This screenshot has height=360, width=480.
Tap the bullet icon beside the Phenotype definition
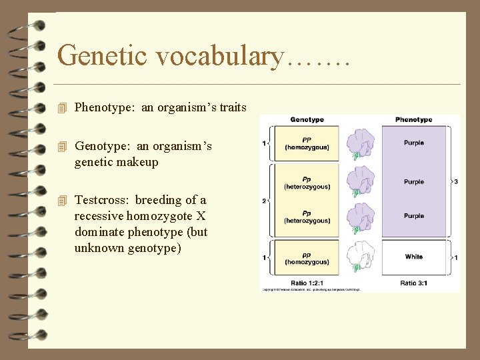pos(63,107)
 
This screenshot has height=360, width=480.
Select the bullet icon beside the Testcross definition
pos(63,200)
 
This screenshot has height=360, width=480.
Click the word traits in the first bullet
pos(231,107)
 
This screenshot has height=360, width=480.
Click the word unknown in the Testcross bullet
pos(98,248)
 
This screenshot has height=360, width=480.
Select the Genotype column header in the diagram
pos(307,120)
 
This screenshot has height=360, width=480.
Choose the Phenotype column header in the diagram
pos(413,120)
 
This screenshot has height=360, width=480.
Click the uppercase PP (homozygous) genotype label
pos(307,144)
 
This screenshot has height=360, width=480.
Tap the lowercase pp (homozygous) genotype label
pos(307,258)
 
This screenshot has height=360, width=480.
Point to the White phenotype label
pos(413,257)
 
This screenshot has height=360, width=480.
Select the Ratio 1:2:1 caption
pos(307,283)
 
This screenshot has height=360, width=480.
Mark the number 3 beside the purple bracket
pos(455,181)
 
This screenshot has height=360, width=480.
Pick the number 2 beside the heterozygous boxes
pos(265,200)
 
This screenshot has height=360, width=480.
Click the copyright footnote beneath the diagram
pos(310,290)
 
